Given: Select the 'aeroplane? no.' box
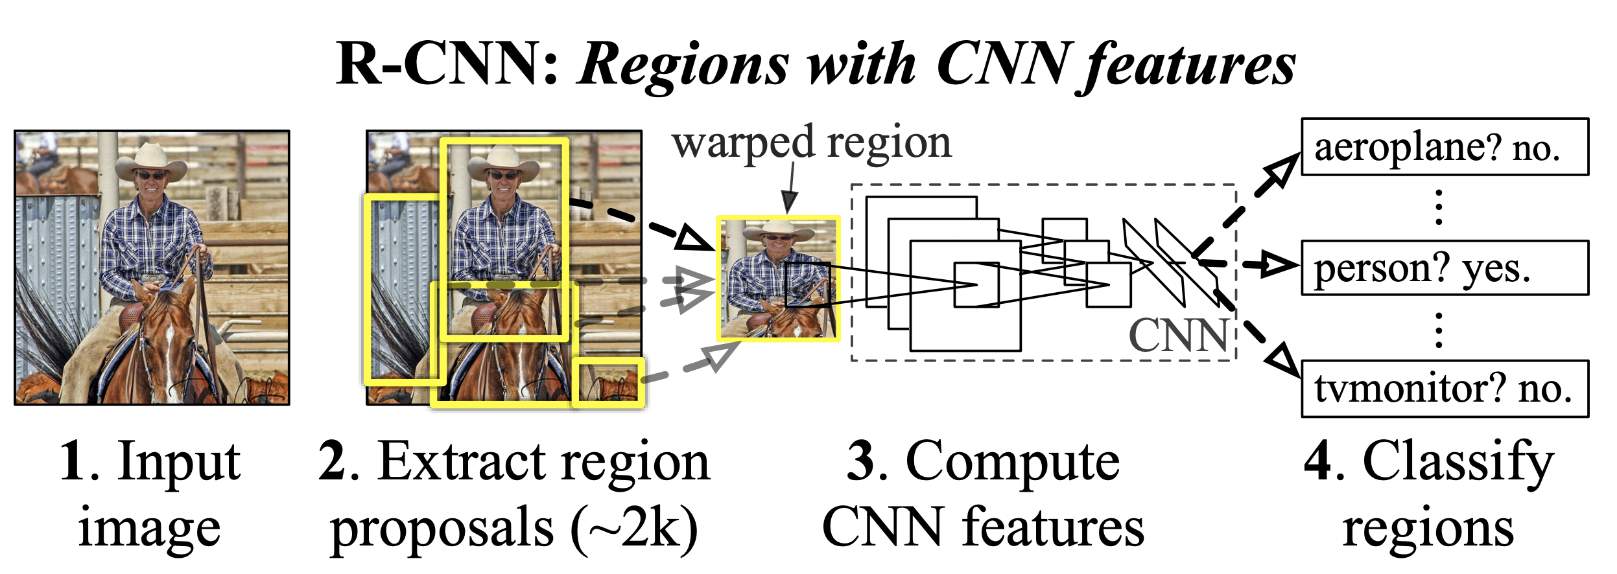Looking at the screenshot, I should pyautogui.click(x=1445, y=147).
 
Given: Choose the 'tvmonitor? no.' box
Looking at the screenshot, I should pyautogui.click(x=1445, y=389).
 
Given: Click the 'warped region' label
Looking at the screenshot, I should pyautogui.click(x=811, y=144).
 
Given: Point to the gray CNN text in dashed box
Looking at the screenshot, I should pyautogui.click(x=1178, y=336).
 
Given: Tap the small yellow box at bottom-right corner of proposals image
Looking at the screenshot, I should pyautogui.click(x=608, y=383).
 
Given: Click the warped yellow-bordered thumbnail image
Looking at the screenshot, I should pyautogui.click(x=778, y=279).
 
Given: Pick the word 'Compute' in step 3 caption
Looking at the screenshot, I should pyautogui.click(x=1012, y=461).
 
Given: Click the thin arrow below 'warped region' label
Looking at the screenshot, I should pyautogui.click(x=790, y=188).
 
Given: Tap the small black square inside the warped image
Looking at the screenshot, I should pyautogui.click(x=807, y=284).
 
